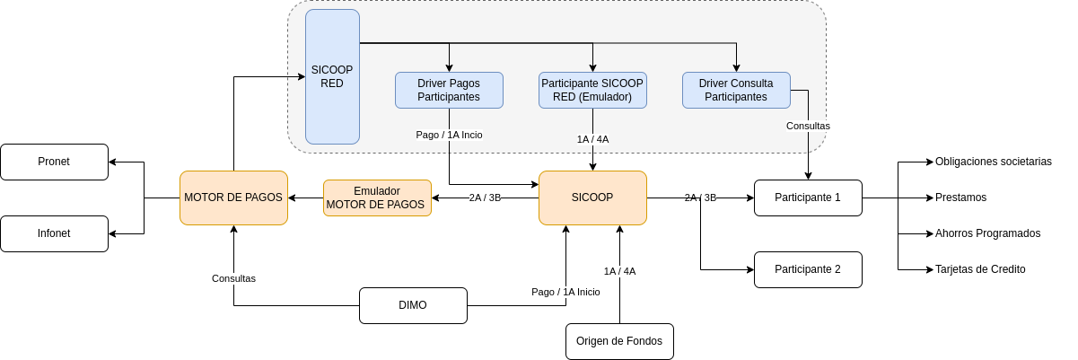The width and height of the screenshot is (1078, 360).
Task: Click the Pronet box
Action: [55, 162]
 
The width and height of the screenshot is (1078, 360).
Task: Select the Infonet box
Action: [55, 233]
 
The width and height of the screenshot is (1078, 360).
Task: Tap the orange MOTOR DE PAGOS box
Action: [233, 198]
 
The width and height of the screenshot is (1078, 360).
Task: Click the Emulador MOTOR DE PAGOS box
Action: [377, 198]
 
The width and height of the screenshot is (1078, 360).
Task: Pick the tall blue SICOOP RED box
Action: [332, 76]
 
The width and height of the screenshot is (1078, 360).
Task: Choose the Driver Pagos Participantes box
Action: [449, 90]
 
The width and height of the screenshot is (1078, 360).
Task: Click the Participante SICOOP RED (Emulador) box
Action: [592, 90]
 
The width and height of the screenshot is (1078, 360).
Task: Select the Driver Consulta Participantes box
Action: [736, 90]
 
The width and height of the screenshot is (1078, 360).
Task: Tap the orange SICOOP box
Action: [592, 198]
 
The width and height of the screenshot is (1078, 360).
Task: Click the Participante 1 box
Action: [808, 198]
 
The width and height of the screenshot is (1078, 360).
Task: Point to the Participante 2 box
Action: [808, 269]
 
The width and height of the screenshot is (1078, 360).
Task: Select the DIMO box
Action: [413, 305]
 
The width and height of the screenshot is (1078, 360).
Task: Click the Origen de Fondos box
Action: [619, 341]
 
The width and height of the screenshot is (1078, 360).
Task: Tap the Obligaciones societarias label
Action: [994, 162]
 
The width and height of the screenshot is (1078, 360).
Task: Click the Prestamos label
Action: [960, 198]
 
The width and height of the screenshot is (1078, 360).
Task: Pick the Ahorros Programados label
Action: [987, 233]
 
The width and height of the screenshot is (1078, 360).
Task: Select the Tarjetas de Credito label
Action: [980, 269]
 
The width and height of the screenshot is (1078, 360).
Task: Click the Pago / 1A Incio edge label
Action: [449, 135]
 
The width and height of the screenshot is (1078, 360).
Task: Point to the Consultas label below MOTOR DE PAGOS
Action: [233, 278]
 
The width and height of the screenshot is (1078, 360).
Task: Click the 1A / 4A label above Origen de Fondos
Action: [620, 271]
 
